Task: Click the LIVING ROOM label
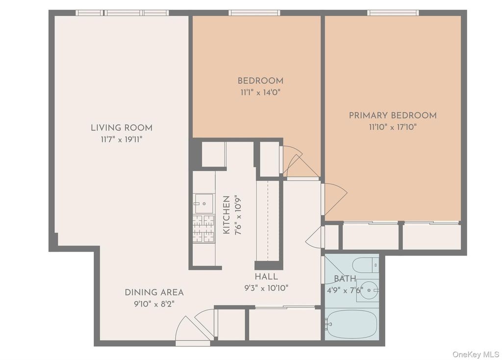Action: point(121,128)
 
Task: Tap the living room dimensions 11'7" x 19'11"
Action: point(121,140)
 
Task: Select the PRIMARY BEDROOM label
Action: point(392,116)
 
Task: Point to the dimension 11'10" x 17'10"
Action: point(392,127)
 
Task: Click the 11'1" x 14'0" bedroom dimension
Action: point(260,92)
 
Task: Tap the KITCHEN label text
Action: point(226,215)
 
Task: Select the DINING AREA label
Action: point(154,292)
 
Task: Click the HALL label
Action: point(266,277)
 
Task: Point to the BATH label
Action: point(345,279)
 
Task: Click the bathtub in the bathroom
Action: point(351,324)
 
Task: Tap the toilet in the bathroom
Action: point(366,265)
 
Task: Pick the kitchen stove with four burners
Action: point(203,229)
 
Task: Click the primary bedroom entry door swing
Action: point(334,198)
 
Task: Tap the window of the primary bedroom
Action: point(393,13)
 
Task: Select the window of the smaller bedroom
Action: point(254,13)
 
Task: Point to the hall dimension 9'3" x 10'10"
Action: point(266,288)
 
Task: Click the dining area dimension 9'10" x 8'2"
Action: point(154,304)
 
